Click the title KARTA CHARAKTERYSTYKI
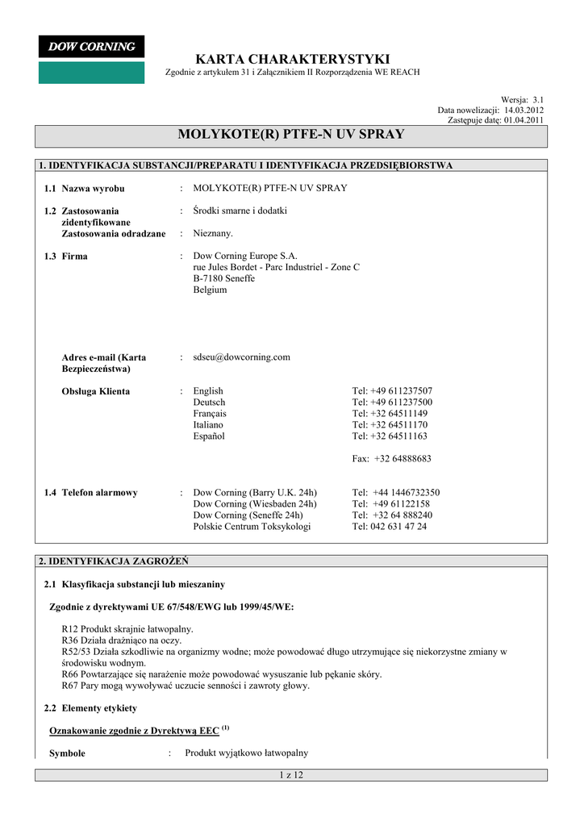(292, 59)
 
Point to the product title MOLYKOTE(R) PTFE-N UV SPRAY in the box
(291, 134)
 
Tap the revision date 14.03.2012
(524, 110)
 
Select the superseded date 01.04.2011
(524, 119)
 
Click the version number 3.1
(538, 99)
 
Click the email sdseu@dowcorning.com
(241, 357)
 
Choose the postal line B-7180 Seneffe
(223, 278)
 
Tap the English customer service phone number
(392, 391)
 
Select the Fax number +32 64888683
(391, 458)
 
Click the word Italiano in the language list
(208, 424)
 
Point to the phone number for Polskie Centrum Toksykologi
(390, 526)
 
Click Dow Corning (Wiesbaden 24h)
(255, 503)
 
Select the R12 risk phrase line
(127, 629)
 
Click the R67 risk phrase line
(186, 686)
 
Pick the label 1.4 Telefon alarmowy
(90, 492)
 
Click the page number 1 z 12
(290, 775)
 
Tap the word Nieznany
(213, 233)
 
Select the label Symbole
(67, 753)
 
